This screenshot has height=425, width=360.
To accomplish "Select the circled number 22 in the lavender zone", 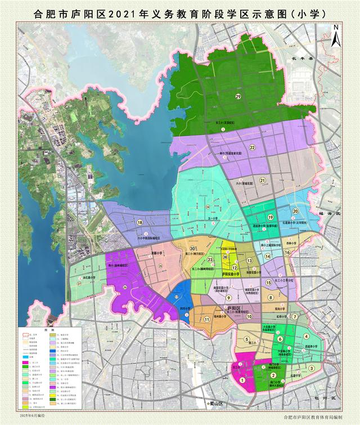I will point(253,147).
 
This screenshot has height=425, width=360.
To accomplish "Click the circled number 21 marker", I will point(262,180).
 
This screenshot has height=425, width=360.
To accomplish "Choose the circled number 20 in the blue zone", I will point(295,211).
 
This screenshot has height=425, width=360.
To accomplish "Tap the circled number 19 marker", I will point(270,217).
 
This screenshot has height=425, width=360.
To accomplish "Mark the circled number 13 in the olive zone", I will point(249,261).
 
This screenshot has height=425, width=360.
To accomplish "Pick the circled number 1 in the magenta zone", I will point(242,380).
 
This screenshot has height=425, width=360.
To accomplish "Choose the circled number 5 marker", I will point(246,339).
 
